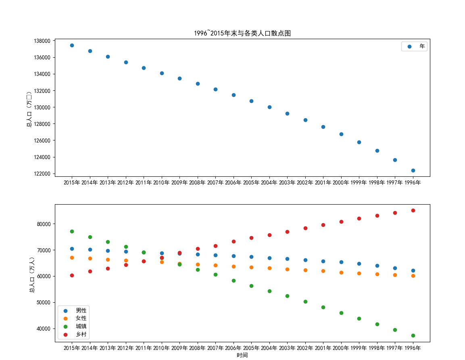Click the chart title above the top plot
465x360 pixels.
pos(242,33)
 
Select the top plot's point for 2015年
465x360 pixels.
pos(72,45)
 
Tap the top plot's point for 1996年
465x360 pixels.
pos(413,170)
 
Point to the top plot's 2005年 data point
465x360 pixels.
pos(251,101)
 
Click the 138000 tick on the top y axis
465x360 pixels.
pos(42,41)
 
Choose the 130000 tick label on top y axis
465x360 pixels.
pos(42,107)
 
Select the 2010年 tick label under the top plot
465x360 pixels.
pos(161,183)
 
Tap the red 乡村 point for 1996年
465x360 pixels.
pos(413,210)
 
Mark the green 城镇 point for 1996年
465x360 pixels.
pos(413,335)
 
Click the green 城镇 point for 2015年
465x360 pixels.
pos(72,231)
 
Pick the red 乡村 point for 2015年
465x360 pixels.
pos(72,275)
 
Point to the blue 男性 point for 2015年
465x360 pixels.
pos(72,249)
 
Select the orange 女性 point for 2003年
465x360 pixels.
pos(287,269)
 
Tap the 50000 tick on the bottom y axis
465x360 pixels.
pos(43,303)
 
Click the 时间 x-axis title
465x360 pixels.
pos(242,355)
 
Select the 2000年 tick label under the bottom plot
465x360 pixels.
pos(341,348)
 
